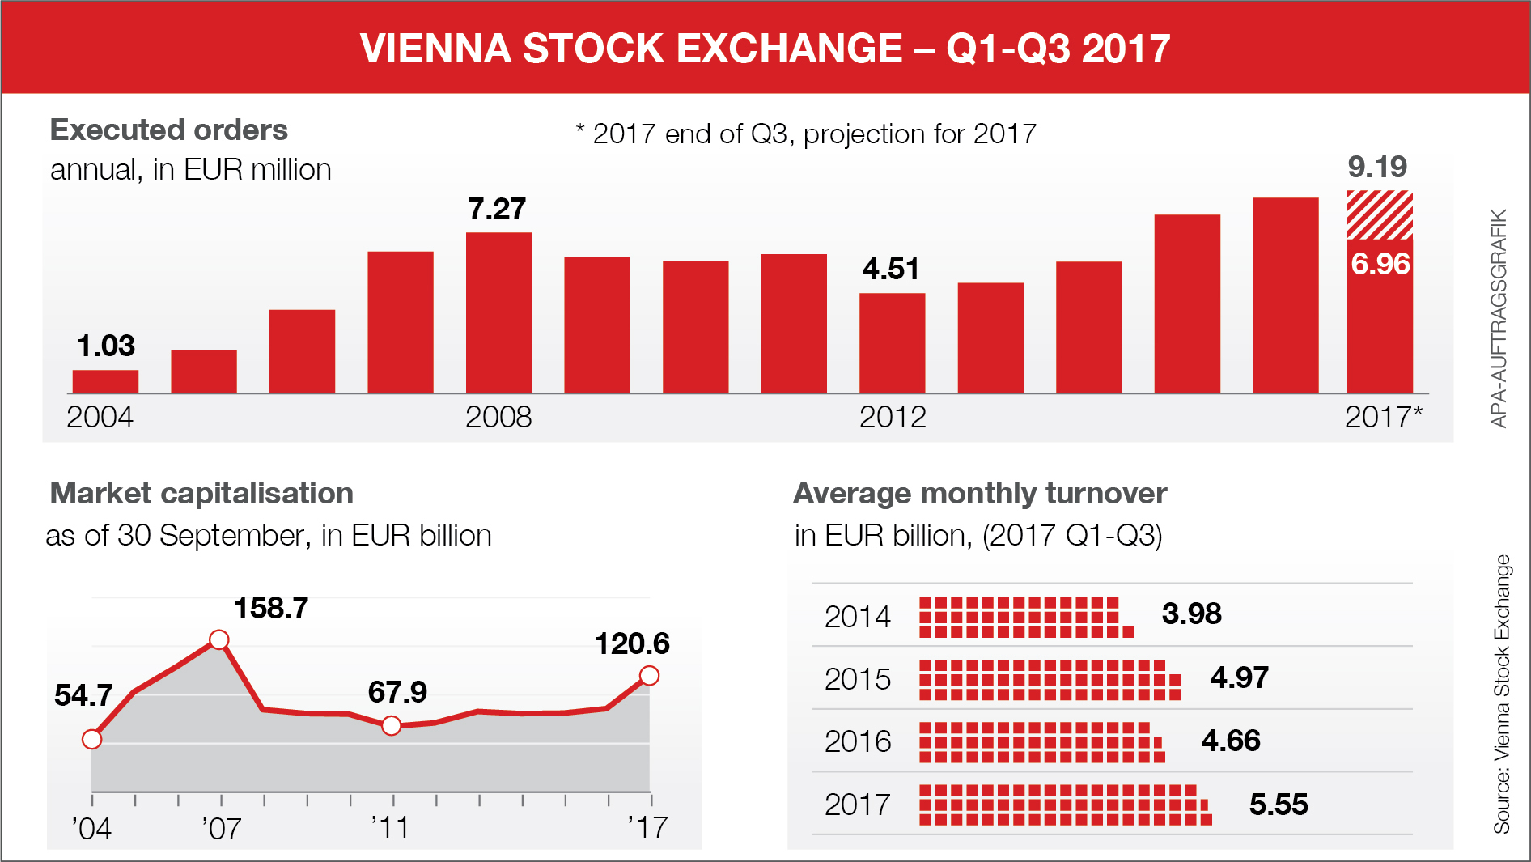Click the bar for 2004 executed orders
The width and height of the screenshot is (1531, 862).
105,381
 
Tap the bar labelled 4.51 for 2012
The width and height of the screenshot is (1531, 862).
892,343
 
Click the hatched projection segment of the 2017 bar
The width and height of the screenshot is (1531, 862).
1380,215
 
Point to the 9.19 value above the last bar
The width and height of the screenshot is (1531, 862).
1377,168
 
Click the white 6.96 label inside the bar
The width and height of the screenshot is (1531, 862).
1380,264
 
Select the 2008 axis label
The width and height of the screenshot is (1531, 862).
498,418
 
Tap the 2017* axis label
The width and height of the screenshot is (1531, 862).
1383,418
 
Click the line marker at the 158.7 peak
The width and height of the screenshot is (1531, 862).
218,640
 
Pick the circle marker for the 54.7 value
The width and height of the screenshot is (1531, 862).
92,739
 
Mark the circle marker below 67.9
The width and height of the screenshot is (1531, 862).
392,726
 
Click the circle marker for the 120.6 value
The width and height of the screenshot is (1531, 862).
649,676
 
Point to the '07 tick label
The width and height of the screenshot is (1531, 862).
221,828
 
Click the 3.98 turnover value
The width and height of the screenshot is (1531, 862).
1191,614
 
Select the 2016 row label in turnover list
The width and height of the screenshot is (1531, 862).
858,741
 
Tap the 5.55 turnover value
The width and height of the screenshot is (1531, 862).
1279,805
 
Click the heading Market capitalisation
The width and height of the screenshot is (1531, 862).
201,494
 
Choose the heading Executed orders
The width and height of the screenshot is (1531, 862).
169,130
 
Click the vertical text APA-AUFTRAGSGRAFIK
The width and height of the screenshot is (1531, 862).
1499,318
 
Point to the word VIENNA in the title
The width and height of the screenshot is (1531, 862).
435,49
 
